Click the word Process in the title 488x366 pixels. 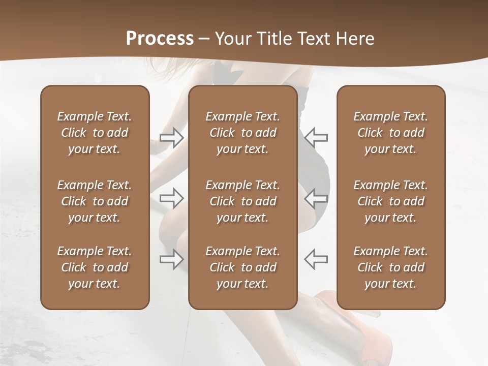160,39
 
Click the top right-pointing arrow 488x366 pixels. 172,138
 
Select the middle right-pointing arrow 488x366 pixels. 172,198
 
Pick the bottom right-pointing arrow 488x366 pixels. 172,259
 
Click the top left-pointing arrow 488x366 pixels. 316,137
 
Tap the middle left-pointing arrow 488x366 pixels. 316,198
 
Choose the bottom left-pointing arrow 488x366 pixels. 316,259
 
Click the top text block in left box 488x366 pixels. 95,133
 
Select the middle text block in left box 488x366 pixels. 95,201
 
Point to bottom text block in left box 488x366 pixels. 95,267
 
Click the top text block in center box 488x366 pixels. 242,133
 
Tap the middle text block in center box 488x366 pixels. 242,201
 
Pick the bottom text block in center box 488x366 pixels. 242,267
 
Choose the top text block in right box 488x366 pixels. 390,133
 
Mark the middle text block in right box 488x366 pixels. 390,201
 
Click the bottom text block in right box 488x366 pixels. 390,267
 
